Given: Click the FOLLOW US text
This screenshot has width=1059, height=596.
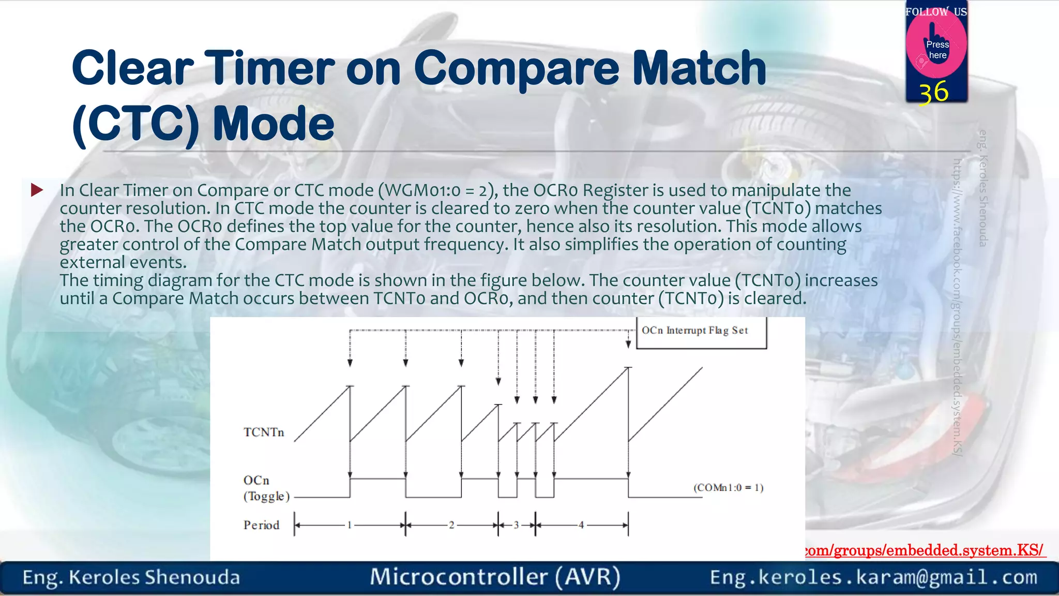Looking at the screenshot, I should (936, 11).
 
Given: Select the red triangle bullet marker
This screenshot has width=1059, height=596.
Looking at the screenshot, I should (37, 190).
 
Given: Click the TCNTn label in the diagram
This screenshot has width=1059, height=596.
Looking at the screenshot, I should (264, 433).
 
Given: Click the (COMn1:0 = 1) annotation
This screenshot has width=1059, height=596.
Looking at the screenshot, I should (728, 487).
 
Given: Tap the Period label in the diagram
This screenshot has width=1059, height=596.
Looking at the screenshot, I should (261, 525).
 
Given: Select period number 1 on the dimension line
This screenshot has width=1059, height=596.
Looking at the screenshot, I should (350, 525).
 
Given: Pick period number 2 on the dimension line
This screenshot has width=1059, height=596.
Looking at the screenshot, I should (451, 525).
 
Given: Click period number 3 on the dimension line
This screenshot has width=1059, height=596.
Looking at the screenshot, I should (516, 525).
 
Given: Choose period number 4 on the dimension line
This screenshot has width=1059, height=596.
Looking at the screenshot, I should (581, 525).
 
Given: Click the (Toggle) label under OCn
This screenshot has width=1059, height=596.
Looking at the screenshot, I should (266, 496).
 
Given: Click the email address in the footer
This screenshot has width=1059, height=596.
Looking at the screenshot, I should (873, 577).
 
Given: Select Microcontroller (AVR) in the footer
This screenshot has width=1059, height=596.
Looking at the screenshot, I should (495, 577).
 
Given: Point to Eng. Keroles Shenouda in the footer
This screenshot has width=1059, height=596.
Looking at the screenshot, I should (131, 577).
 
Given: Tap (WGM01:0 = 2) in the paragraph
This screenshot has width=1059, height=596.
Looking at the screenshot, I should (438, 190).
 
